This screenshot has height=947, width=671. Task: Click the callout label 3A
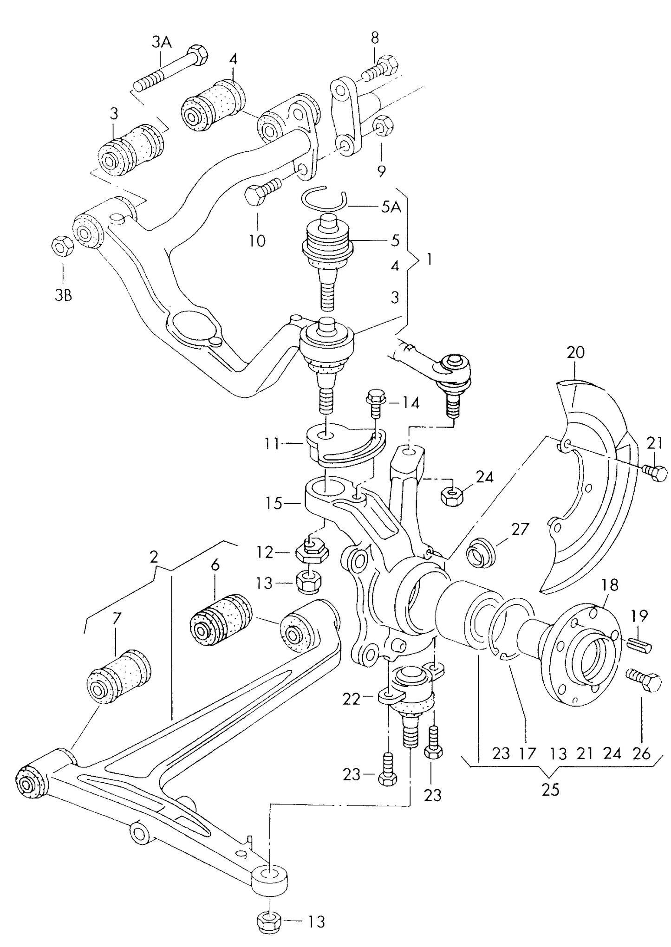[x=161, y=43]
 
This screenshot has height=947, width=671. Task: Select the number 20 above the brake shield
[x=575, y=353]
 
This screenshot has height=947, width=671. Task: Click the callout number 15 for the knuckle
[x=274, y=503]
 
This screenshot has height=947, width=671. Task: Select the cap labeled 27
[x=480, y=552]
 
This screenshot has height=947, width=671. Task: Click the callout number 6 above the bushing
[x=215, y=566]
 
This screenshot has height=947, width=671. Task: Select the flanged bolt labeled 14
[x=375, y=402]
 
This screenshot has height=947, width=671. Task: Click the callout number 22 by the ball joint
[x=351, y=699]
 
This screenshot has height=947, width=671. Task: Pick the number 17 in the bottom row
[x=528, y=753]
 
